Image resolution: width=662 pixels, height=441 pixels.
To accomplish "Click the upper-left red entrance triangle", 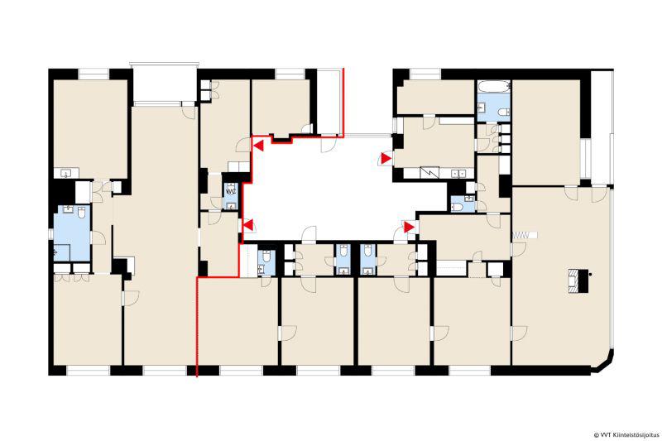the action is pos(258,146).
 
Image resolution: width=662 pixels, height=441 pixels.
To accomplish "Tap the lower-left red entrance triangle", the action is pos(249,225).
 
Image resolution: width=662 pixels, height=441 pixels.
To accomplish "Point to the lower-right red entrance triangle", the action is pos(409,228).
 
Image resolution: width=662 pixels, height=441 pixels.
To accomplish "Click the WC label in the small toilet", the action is pos(231,191).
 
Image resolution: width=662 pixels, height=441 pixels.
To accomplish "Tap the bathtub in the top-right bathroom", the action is pos(494,87).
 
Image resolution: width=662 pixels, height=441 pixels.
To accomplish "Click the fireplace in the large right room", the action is pos(578,280).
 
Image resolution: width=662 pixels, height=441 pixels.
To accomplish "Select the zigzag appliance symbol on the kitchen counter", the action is pos(431,173).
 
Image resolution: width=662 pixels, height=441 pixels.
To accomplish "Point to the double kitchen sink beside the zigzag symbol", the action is pos(458,174).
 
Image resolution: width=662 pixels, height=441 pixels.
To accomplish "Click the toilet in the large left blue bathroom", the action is pos(81,213).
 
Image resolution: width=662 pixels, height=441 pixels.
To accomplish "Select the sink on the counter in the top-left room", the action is pos(66,173).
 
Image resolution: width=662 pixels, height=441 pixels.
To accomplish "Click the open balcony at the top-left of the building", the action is pos(164,83).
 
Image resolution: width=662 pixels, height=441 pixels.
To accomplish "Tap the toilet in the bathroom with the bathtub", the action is pos(504,112).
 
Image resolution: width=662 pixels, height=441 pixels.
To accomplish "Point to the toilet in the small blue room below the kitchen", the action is pos(457,206).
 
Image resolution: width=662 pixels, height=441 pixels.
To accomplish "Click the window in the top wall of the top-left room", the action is pos(94,74).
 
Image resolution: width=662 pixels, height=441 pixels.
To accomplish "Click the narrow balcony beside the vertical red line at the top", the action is pos(329,103).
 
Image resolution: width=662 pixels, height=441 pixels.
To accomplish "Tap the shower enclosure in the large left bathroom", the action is pos(62,252).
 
